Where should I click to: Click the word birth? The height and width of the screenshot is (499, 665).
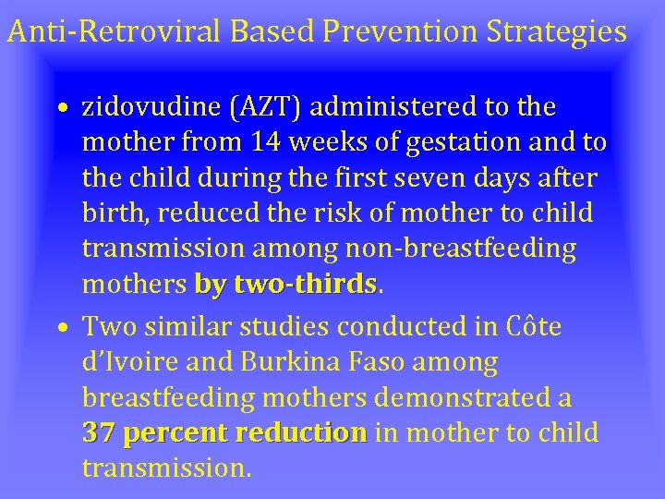115,213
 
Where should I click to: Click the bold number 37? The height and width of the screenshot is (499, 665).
99,433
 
